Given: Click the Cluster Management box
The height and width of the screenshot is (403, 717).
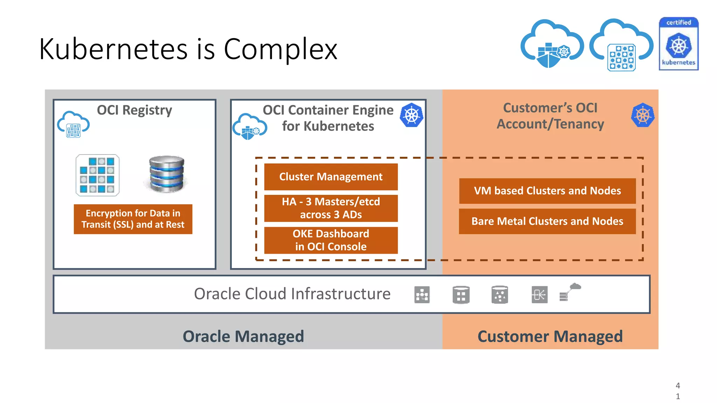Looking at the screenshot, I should click(x=330, y=177).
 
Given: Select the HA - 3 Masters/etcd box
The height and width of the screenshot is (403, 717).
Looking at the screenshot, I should click(x=330, y=208).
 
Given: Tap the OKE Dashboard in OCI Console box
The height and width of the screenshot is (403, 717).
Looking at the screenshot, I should click(x=330, y=240).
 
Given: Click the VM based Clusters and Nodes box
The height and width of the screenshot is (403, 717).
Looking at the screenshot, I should click(x=547, y=191).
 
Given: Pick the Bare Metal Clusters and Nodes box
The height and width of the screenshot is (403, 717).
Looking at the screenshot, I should click(x=547, y=221).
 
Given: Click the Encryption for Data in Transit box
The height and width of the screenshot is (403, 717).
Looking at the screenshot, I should click(x=133, y=219).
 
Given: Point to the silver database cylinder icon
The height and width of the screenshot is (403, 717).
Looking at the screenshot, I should click(x=166, y=174).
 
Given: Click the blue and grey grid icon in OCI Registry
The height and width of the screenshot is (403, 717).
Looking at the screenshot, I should click(x=97, y=175).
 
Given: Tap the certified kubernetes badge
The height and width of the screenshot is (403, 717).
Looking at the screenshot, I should click(x=678, y=44).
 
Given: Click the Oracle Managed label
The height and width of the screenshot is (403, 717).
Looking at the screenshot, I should click(x=243, y=336).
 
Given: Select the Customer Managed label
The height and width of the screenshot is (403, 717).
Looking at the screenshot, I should click(x=550, y=336).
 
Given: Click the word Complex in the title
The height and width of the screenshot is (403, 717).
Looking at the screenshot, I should click(x=280, y=49).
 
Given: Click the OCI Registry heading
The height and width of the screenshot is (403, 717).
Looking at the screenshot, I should click(x=134, y=110).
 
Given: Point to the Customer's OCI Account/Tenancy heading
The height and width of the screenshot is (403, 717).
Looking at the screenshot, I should click(x=550, y=116).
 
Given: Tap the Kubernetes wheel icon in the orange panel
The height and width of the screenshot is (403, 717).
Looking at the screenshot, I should click(x=642, y=115).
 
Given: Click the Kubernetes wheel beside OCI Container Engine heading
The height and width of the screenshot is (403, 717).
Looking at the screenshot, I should click(x=411, y=115).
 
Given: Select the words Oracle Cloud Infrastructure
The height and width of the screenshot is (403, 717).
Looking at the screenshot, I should click(x=292, y=294).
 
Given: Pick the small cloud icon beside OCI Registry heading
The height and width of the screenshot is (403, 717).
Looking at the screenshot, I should click(x=73, y=124).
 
